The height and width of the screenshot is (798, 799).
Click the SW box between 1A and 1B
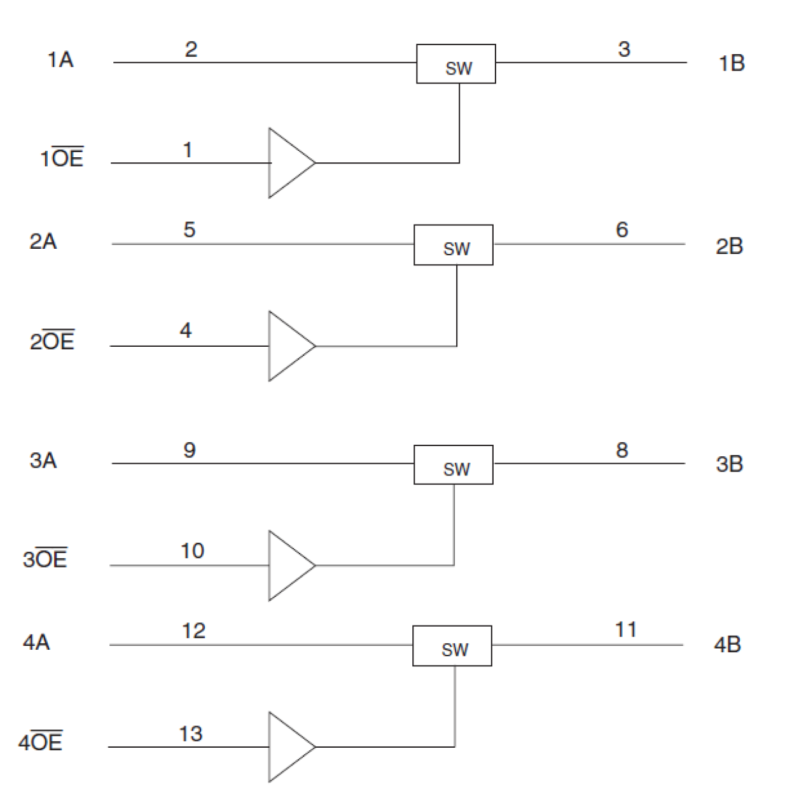pos(455,64)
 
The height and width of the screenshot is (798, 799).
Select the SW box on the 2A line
pos(453,244)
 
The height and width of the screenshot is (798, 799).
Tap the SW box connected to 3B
pos(453,465)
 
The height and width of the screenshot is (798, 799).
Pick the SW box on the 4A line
pos(452,645)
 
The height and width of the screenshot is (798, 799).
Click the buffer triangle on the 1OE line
pos(288,163)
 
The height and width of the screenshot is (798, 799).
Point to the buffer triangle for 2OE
pos(288,346)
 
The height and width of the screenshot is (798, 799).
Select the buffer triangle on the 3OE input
pos(288,565)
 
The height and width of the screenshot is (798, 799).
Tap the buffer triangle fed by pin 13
pos(288,746)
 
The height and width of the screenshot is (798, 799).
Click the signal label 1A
pos(60,60)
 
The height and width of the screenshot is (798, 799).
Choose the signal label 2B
pos(729,246)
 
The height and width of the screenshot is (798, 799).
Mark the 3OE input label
pos(45,559)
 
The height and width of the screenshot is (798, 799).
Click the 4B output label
pos(727,645)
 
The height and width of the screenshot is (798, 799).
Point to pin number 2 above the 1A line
pos(191,50)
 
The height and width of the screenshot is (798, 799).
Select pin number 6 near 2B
pos(622,230)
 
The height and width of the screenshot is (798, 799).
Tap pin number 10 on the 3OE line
pos(192,550)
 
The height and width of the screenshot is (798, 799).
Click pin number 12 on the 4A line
pos(193,631)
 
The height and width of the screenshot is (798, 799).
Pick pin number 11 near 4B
pos(626,629)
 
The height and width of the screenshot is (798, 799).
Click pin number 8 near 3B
pos(622,450)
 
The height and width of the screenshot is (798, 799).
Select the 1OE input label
pos(62,158)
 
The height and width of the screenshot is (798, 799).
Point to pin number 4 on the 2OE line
pos(186,330)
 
